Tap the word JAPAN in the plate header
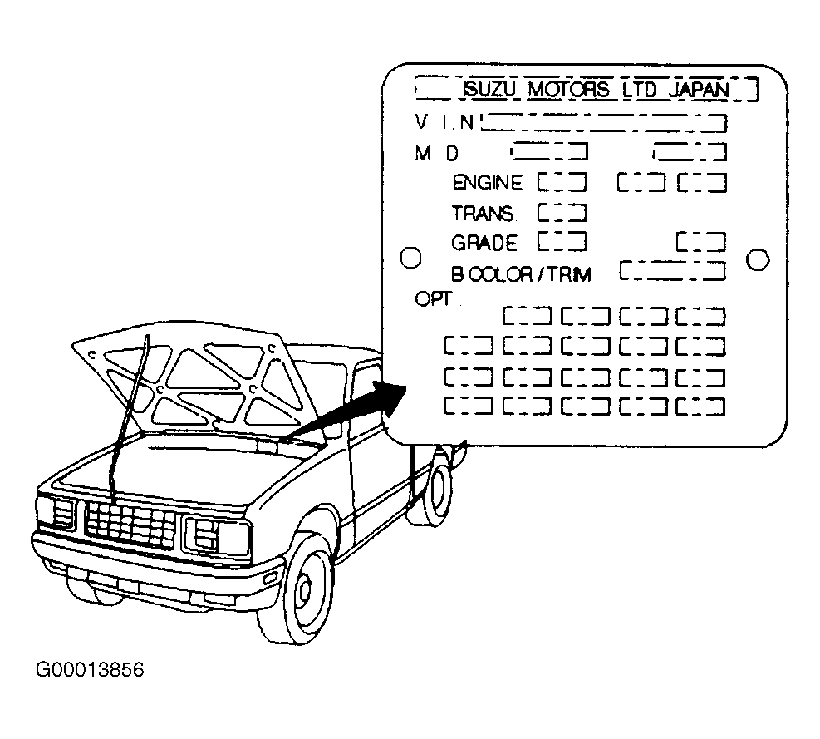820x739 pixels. (700, 90)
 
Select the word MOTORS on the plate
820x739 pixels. (569, 90)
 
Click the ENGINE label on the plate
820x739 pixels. (487, 183)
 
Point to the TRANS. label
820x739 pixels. (484, 214)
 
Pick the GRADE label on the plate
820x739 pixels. (484, 243)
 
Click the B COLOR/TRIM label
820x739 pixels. (521, 274)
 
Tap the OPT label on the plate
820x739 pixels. (433, 299)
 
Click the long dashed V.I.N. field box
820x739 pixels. (603, 123)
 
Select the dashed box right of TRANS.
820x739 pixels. (562, 213)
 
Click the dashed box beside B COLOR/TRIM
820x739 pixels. (673, 271)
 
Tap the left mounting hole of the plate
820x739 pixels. (410, 258)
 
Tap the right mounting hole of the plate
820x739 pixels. (758, 259)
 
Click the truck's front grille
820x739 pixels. (130, 524)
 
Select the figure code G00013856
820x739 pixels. (90, 670)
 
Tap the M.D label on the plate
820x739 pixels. (437, 153)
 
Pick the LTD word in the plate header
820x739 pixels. (639, 90)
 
